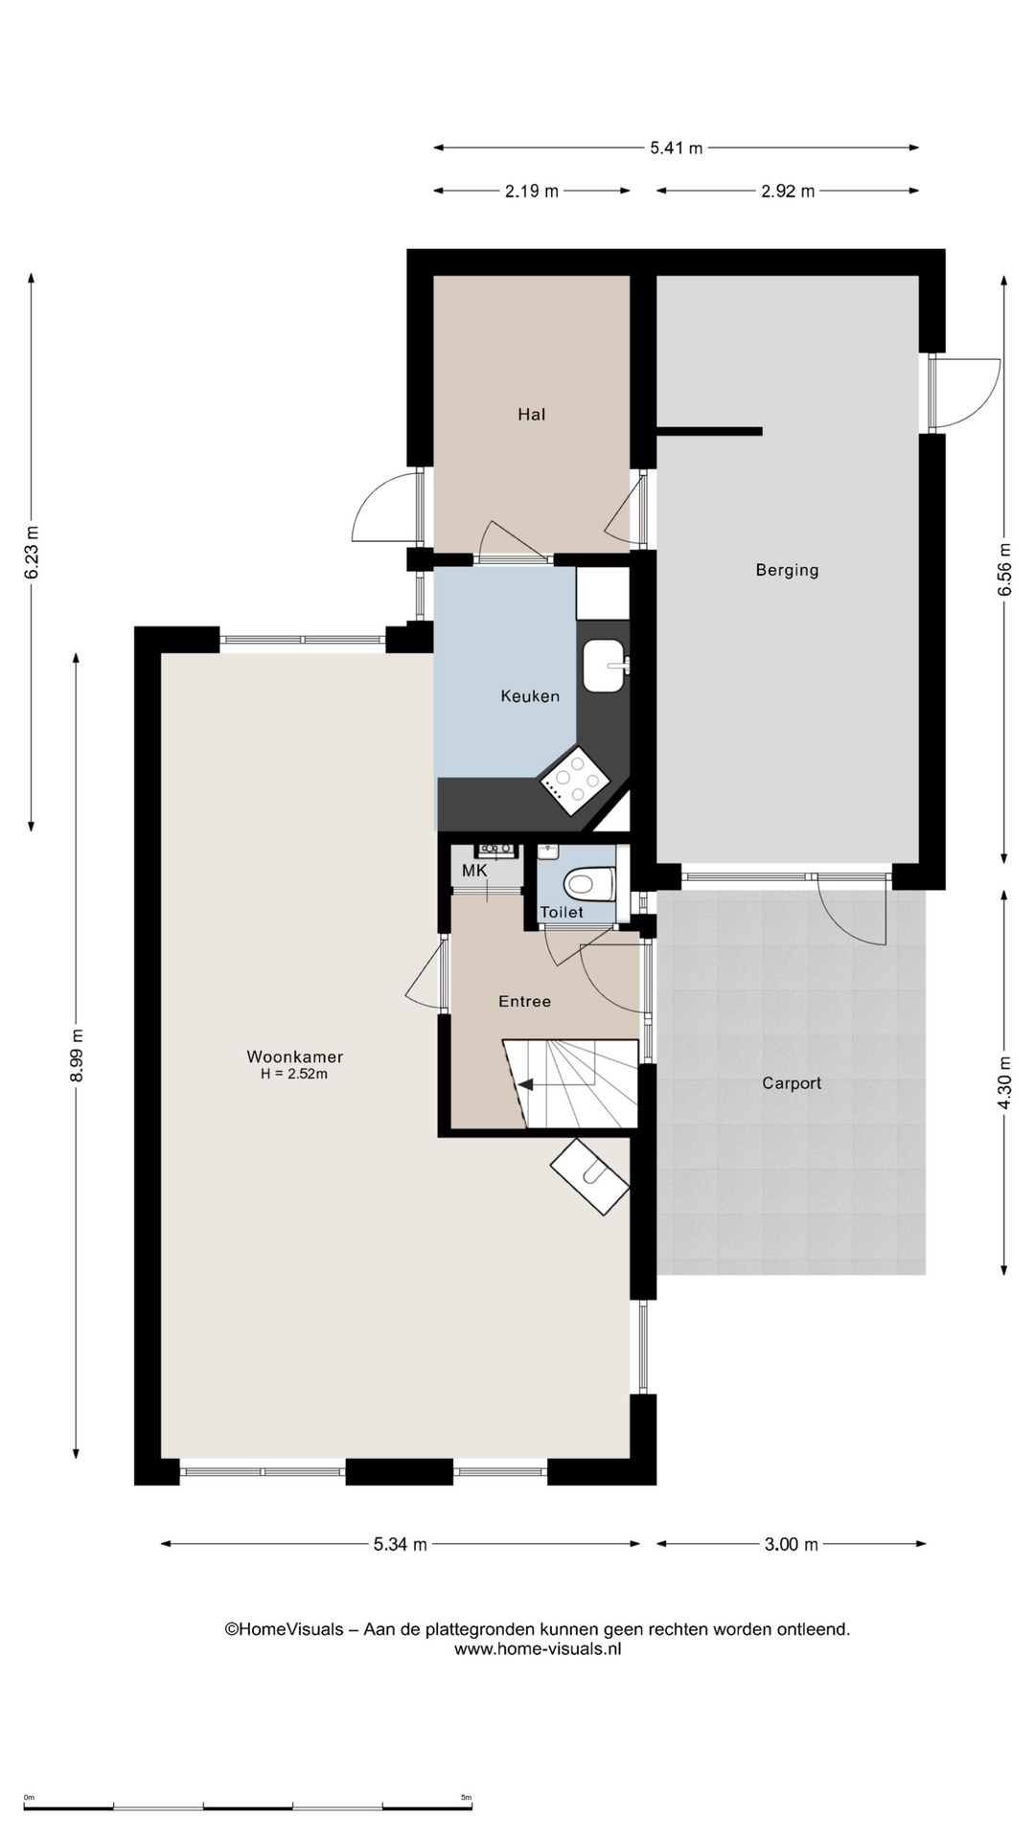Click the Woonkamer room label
click(295, 1057)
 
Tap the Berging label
click(788, 570)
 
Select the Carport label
click(792, 1083)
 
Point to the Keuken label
click(530, 696)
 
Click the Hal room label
click(532, 415)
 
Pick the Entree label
click(525, 1001)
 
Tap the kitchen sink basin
click(606, 666)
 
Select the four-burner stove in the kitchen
click(572, 781)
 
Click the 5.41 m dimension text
click(677, 148)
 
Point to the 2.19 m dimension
click(532, 191)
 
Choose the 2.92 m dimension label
click(788, 191)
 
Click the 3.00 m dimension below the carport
click(792, 1544)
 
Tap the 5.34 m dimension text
click(401, 1544)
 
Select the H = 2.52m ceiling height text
click(294, 1075)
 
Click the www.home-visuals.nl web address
click(538, 1649)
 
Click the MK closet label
click(474, 871)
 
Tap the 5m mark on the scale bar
click(466, 1797)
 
